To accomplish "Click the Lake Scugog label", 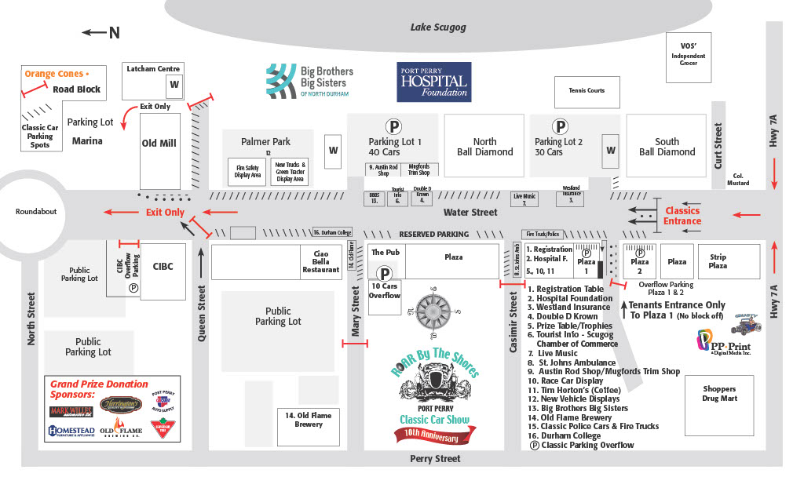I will [438, 27].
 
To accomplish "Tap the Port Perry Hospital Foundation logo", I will [433, 82].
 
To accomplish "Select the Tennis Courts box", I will [587, 92].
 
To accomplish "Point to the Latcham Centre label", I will [154, 69].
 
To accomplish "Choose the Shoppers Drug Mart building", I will [719, 394].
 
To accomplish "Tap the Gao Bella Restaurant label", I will [321, 262].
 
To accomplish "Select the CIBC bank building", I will [163, 267].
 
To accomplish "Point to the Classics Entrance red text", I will [682, 216].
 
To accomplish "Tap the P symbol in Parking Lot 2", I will [560, 126].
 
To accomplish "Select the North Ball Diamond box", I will [484, 147].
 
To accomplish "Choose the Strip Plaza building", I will [718, 261].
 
